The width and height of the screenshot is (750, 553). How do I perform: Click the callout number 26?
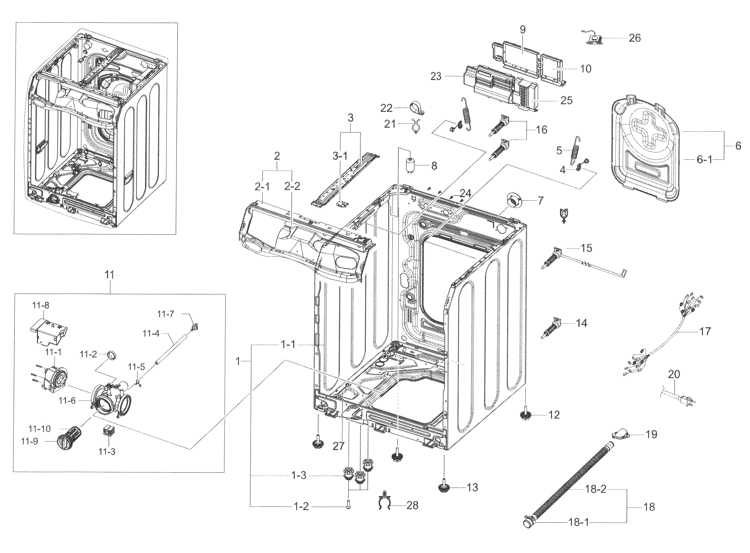pyautogui.click(x=634, y=38)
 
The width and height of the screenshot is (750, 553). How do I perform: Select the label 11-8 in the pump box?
pyautogui.click(x=41, y=305)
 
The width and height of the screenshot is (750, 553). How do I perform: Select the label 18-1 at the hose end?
pyautogui.click(x=578, y=522)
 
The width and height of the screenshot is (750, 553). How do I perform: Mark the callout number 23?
pyautogui.click(x=436, y=77)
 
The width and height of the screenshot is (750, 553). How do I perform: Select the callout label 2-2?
pyautogui.click(x=292, y=186)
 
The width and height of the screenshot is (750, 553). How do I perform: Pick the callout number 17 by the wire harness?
pyautogui.click(x=705, y=331)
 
